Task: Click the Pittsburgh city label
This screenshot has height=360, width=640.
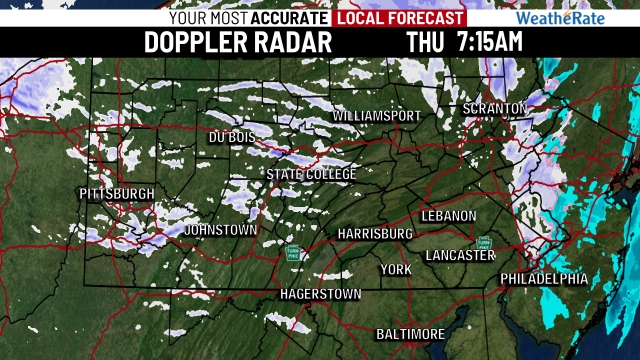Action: tap(117, 193)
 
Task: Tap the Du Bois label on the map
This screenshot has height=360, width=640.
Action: tap(232, 137)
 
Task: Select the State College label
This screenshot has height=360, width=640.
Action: tap(311, 174)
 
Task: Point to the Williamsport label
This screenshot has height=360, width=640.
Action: tap(377, 117)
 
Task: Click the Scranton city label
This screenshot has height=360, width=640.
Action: tap(494, 108)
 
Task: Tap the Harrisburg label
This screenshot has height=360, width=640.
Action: tap(375, 233)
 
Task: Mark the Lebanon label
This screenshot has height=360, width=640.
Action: tap(449, 216)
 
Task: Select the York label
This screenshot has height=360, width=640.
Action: tap(396, 270)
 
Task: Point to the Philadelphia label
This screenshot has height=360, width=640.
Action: tap(544, 278)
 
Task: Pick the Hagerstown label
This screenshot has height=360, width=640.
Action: tap(320, 294)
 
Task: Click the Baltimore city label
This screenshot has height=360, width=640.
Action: tap(410, 333)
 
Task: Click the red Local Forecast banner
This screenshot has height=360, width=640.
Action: tap(400, 18)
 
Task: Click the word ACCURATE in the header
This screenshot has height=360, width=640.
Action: tap(290, 18)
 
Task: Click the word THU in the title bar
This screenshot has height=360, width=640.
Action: tap(427, 42)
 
